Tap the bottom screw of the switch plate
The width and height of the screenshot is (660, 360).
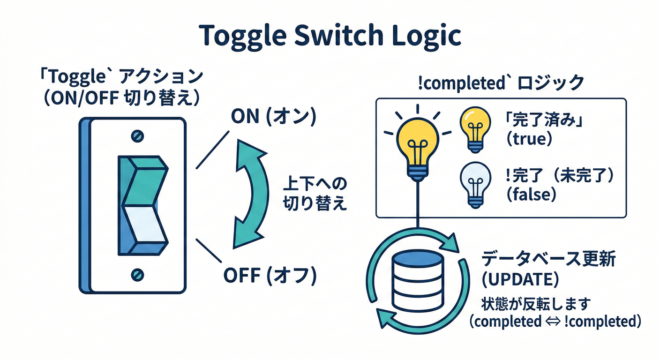pos(137,273)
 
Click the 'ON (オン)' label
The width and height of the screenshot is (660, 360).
pos(273,117)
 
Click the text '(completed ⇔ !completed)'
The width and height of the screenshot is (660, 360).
pos(555,322)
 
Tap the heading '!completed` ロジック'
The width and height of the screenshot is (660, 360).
pos(501,83)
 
